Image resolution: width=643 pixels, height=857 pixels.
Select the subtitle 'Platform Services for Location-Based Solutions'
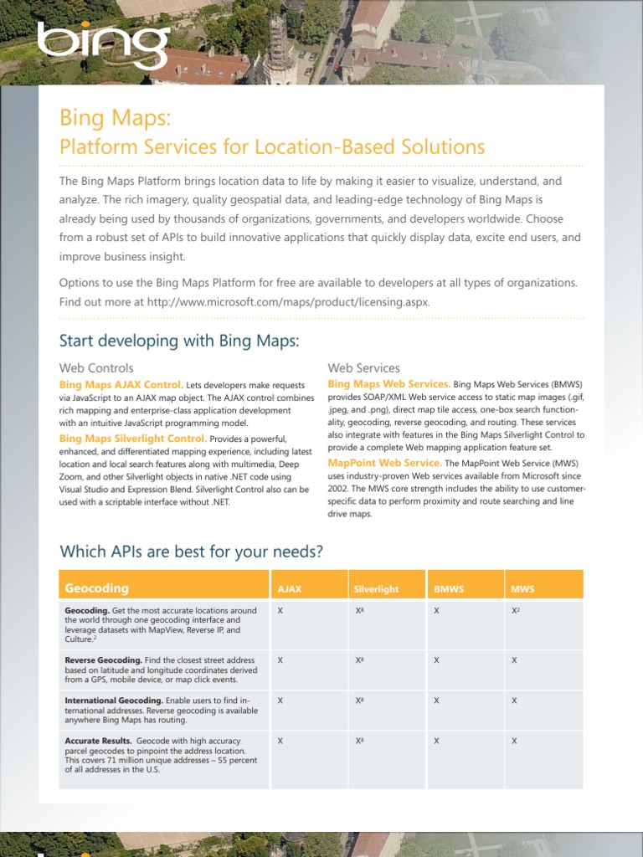tap(272, 146)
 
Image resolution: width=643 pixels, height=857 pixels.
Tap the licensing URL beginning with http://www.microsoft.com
tap(288, 301)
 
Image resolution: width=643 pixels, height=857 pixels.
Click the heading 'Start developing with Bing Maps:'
tap(179, 341)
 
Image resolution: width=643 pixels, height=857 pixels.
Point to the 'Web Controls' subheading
tap(96, 367)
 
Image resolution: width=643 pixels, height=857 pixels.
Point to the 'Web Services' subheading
tap(363, 367)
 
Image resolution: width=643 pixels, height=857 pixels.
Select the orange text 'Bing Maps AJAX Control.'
tap(121, 384)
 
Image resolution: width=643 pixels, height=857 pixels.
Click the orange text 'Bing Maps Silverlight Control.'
tap(132, 439)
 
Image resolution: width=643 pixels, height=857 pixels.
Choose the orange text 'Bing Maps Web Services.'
tap(388, 384)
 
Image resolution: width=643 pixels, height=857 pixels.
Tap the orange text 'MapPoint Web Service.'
tap(384, 463)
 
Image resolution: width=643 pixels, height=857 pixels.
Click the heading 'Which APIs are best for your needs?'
tap(192, 552)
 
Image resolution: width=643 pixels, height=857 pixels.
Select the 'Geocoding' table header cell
tap(97, 588)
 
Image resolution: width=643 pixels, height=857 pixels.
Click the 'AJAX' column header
tap(290, 589)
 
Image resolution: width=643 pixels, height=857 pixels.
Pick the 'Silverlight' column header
tap(376, 589)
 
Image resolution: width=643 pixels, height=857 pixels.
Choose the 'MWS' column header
tap(522, 589)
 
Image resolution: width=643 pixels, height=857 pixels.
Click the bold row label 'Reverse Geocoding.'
tap(103, 660)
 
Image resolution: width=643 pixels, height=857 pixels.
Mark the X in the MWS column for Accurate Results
tap(514, 741)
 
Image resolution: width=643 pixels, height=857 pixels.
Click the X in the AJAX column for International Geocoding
tap(280, 700)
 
